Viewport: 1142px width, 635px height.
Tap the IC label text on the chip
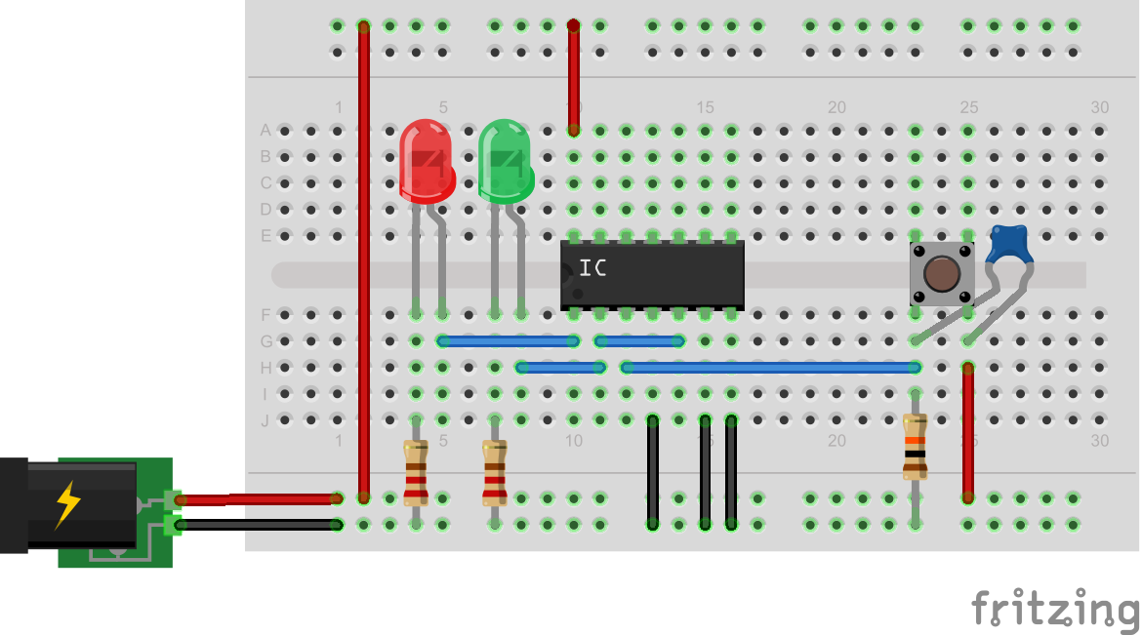tap(591, 268)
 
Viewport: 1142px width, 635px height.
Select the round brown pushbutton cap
tap(941, 273)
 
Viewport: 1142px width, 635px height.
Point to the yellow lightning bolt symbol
tap(68, 504)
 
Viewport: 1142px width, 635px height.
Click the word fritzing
tap(1054, 609)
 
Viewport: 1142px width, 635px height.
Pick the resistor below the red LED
tap(416, 472)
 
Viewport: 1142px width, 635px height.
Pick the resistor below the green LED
tap(495, 472)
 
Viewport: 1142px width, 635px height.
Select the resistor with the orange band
tap(915, 447)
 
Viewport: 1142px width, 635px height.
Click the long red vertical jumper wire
tap(364, 263)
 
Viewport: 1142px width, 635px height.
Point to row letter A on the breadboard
tap(265, 130)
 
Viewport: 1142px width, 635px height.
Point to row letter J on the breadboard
tap(265, 420)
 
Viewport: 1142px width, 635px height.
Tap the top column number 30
tap(1100, 107)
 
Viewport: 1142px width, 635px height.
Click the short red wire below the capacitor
tap(968, 433)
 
